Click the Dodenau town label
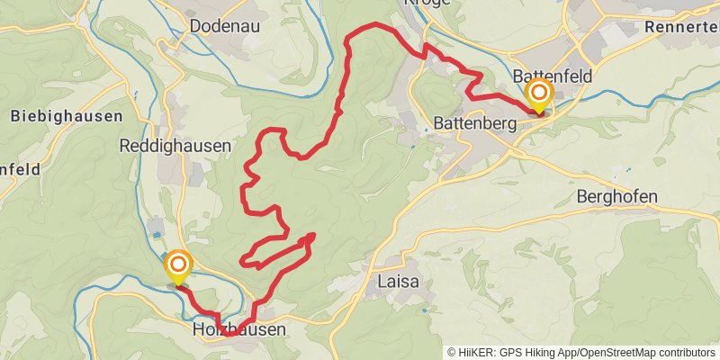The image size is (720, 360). click(x=225, y=26)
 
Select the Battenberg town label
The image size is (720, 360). click(x=474, y=121)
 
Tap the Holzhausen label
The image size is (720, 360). click(x=239, y=330)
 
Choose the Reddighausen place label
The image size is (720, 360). click(x=175, y=145)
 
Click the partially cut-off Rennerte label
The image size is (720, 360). click(x=681, y=28)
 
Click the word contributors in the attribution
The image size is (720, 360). click(x=686, y=353)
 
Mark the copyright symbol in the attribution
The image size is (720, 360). click(x=452, y=353)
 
